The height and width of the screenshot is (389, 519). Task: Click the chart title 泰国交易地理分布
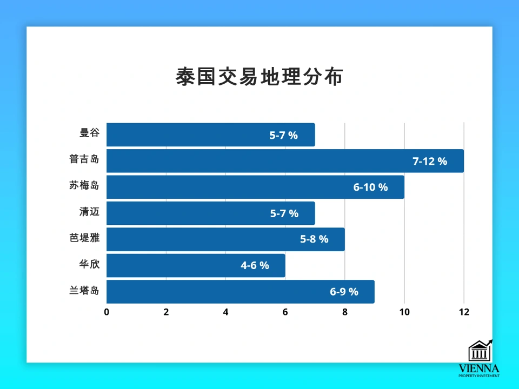click(x=259, y=77)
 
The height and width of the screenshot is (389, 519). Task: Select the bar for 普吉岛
click(x=285, y=161)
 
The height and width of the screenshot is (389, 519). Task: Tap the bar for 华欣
click(x=196, y=266)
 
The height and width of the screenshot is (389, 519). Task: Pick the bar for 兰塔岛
click(x=240, y=292)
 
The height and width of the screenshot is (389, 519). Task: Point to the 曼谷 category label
click(x=89, y=135)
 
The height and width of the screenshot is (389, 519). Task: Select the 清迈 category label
click(x=89, y=213)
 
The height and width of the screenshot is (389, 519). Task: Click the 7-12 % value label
click(x=430, y=161)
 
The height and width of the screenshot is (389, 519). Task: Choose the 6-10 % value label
click(x=370, y=187)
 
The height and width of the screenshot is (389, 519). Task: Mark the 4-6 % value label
click(x=255, y=266)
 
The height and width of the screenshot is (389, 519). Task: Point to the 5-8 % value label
click(x=314, y=239)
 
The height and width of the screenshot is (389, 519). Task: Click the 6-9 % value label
click(x=344, y=292)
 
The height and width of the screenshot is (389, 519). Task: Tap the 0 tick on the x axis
click(x=107, y=312)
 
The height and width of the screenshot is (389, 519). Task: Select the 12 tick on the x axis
click(x=463, y=312)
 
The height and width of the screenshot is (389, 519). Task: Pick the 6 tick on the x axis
click(x=285, y=312)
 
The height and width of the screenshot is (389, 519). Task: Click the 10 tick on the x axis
click(x=404, y=312)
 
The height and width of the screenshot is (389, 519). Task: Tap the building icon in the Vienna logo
click(x=479, y=351)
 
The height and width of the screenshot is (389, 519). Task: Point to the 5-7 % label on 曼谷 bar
click(x=284, y=135)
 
